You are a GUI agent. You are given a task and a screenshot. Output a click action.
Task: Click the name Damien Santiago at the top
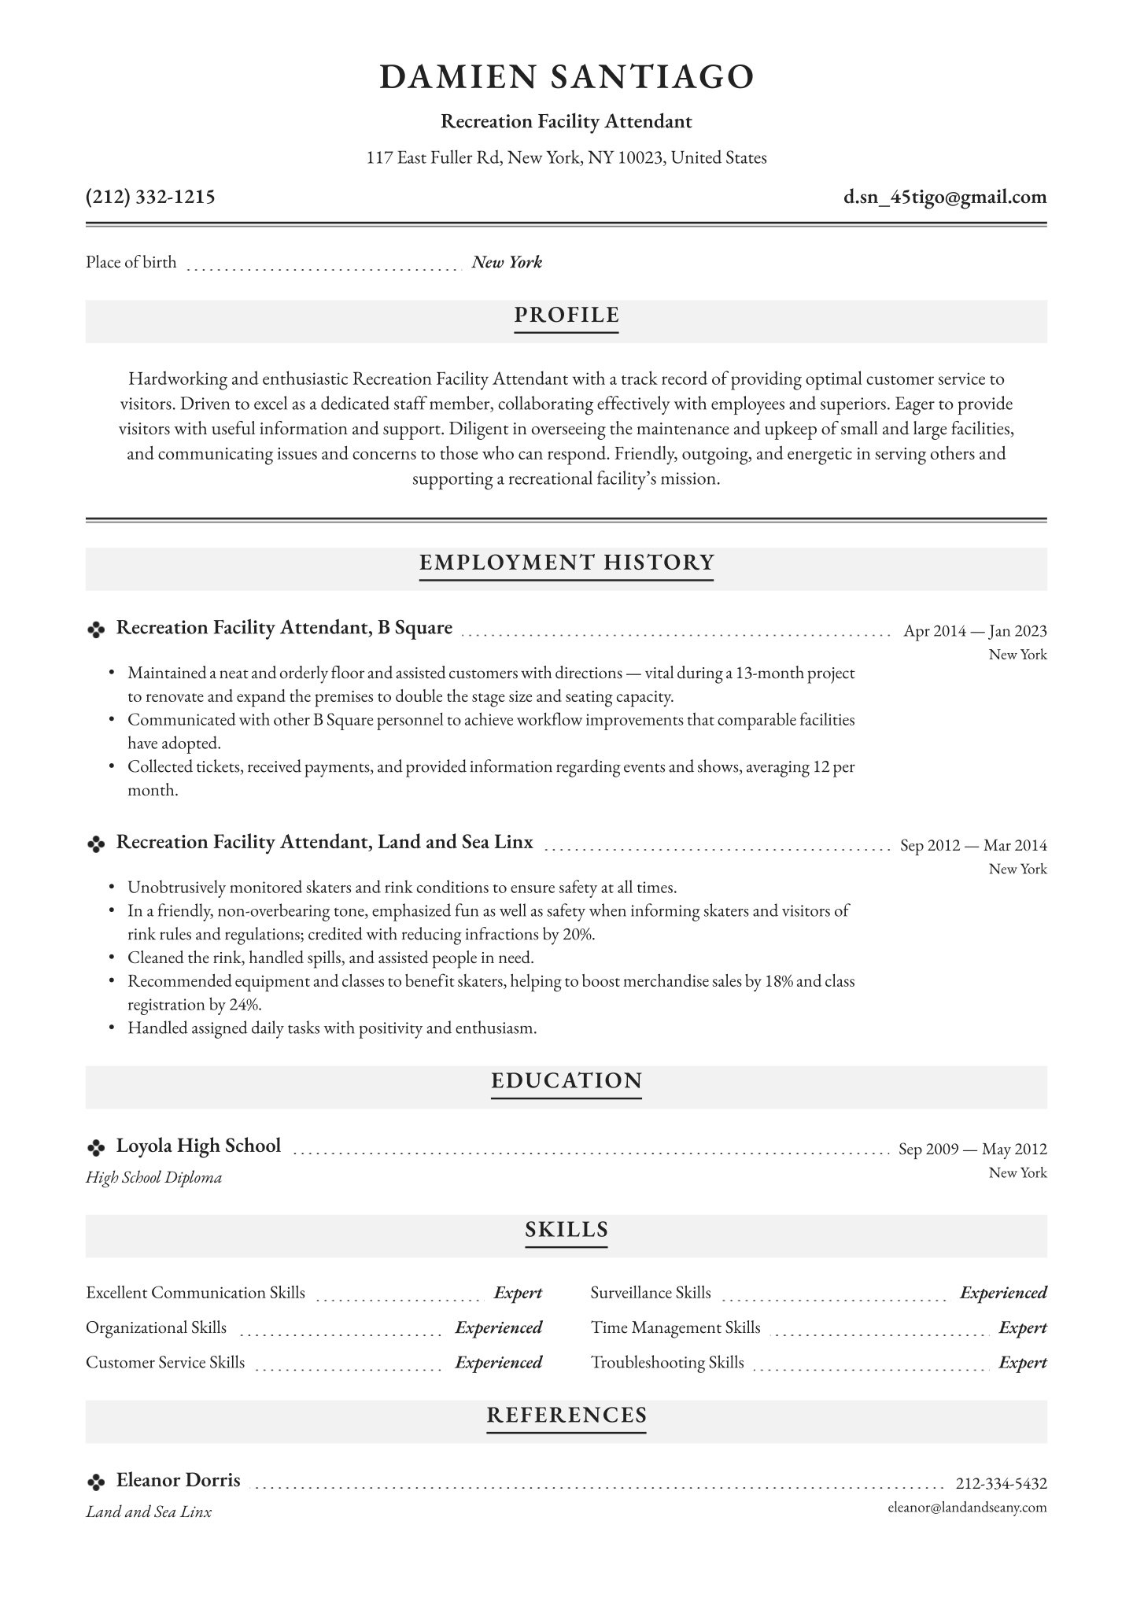(566, 77)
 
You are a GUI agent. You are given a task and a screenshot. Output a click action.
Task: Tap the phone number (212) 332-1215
(150, 197)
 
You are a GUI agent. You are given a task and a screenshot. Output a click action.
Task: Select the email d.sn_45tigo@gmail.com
(945, 197)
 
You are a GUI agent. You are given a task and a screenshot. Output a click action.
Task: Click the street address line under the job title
(566, 158)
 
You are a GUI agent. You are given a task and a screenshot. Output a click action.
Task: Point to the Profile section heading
(566, 316)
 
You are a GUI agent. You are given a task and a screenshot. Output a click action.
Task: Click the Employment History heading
(566, 563)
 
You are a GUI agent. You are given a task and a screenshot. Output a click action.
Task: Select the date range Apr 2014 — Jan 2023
(975, 631)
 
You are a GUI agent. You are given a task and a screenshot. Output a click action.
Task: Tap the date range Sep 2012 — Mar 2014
(973, 846)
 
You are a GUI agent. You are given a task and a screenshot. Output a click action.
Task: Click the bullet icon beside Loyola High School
(95, 1148)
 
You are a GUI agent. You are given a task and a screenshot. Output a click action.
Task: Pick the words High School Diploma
(153, 1178)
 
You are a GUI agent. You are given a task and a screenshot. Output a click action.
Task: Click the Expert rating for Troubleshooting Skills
(1022, 1363)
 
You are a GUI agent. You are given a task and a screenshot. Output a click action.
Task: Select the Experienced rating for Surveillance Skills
(1003, 1293)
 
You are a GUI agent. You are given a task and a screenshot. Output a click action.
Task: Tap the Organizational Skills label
(156, 1328)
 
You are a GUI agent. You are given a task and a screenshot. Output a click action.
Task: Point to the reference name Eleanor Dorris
(179, 1480)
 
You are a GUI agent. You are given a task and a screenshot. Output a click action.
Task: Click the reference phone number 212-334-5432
(1001, 1484)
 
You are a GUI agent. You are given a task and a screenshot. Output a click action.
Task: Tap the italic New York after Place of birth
(507, 263)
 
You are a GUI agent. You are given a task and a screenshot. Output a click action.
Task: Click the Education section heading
(566, 1081)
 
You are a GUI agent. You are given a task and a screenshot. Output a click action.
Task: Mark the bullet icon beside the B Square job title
(95, 629)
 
